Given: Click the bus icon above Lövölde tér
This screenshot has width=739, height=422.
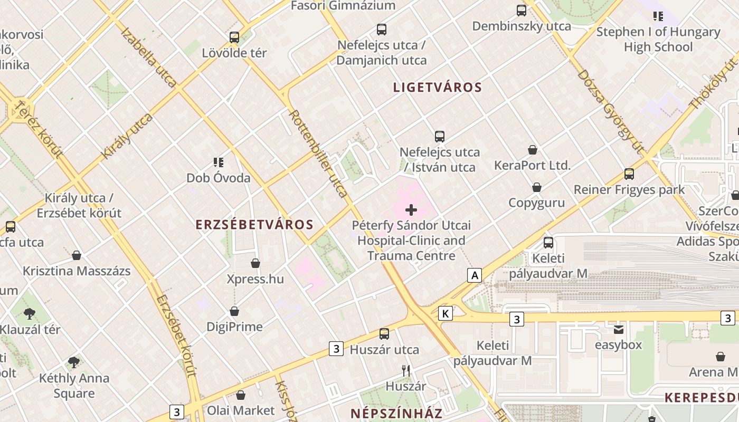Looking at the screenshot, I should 234,37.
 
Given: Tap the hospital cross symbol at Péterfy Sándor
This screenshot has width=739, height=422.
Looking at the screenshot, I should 411,210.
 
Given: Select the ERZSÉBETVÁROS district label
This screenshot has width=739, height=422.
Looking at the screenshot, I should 254,225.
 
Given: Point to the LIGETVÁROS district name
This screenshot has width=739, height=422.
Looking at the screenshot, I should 438,88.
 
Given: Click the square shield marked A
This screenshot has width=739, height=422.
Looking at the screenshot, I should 475,275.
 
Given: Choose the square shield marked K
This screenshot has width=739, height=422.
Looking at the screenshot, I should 446,314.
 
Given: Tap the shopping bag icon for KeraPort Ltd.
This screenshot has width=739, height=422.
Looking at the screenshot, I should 533,150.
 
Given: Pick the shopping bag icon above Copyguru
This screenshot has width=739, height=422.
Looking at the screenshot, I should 537,187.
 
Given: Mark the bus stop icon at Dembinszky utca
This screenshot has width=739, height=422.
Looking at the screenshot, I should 522,10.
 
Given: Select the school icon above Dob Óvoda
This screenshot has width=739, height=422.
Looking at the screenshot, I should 219,162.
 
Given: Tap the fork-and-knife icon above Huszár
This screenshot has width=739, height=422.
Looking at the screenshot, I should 406,371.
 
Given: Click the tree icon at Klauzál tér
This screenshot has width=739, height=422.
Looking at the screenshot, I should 30,314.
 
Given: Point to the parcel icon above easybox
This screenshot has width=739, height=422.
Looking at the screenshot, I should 618,330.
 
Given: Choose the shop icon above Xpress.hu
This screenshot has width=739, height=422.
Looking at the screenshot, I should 255,263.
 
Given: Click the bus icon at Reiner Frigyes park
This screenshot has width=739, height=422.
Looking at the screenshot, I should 629,174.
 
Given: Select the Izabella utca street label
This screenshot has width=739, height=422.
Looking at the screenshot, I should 149,56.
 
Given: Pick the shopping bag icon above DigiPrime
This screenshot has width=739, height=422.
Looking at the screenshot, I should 234,312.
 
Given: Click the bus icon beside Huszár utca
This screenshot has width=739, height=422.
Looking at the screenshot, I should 384,334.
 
